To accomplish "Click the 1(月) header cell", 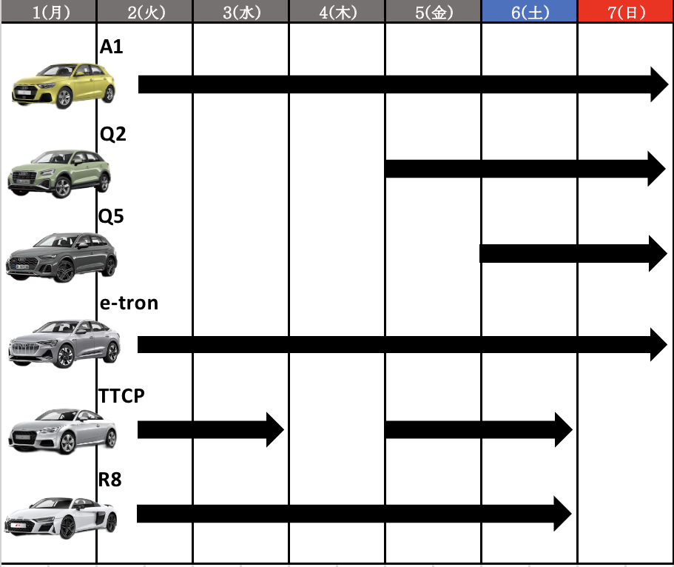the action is click(x=49, y=11).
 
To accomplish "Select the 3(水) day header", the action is click(x=241, y=11).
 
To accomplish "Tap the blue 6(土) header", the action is click(x=530, y=11).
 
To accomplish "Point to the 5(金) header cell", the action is click(x=434, y=11).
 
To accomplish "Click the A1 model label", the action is click(x=111, y=47).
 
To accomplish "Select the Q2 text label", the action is click(x=112, y=134).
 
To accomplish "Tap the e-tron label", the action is click(x=129, y=303).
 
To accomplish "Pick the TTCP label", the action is click(x=121, y=396).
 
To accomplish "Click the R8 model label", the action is click(x=110, y=479).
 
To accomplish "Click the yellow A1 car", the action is click(x=64, y=86).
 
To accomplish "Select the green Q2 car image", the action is click(x=59, y=174).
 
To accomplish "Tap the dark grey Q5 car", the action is click(x=61, y=258).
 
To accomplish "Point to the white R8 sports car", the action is click(x=61, y=517).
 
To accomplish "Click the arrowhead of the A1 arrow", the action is click(x=659, y=84).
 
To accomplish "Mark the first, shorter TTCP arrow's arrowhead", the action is click(x=275, y=429).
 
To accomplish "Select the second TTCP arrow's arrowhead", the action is click(x=564, y=429).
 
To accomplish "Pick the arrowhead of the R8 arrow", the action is click(x=563, y=514).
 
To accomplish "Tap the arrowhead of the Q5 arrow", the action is click(x=658, y=253).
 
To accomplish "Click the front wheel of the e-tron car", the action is click(x=65, y=357).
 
